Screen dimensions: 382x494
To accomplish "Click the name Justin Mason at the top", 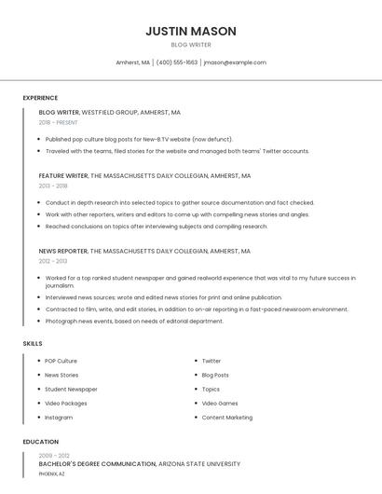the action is [191, 31].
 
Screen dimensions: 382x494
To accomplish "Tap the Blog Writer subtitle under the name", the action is [191, 45].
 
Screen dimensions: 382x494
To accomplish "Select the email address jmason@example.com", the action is [235, 62].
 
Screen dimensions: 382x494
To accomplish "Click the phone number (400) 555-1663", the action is [177, 62].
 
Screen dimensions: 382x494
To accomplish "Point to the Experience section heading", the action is [40, 98].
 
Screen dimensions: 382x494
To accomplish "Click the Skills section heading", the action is [33, 344].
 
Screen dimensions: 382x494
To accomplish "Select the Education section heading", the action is [41, 442].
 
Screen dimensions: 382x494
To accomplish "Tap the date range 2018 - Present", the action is [58, 122].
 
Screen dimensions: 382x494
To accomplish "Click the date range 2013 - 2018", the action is [53, 185].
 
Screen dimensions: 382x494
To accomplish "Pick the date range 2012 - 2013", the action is [53, 261].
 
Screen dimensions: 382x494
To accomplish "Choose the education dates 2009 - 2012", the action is [54, 455].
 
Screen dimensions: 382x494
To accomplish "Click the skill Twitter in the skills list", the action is [211, 361].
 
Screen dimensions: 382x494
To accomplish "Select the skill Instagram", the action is [59, 418].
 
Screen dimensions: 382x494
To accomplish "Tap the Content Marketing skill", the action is [226, 418].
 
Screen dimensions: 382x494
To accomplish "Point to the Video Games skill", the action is [220, 404].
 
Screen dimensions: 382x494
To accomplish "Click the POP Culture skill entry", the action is [61, 361].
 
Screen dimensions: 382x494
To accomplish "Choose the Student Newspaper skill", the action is [71, 389].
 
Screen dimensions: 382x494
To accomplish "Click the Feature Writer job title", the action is [63, 175].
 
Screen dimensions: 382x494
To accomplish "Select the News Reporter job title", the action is [62, 251].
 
